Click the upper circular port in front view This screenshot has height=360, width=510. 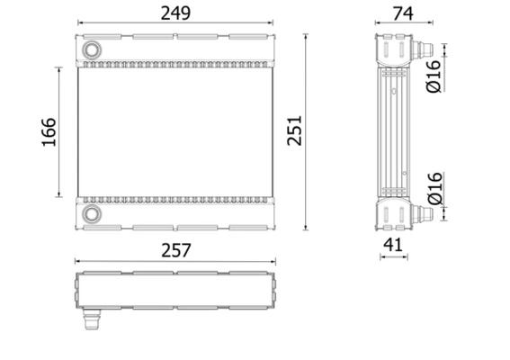92,49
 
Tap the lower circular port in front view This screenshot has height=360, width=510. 92,214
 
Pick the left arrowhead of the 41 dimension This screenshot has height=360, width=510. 382,256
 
